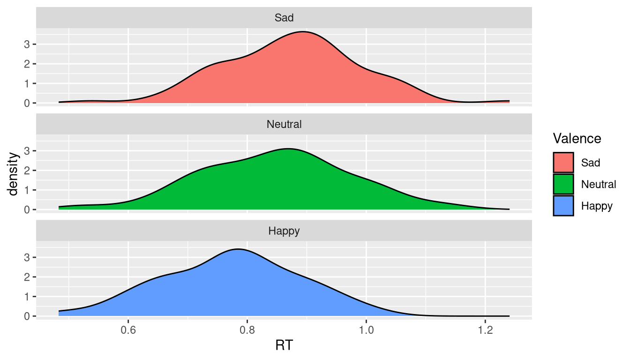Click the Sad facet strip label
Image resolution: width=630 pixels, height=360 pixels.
pyautogui.click(x=284, y=18)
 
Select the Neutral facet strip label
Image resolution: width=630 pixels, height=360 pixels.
pyautogui.click(x=284, y=125)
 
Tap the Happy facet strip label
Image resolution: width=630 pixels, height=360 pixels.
pyautogui.click(x=284, y=231)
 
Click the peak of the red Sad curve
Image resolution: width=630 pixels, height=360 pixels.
pyautogui.click(x=303, y=32)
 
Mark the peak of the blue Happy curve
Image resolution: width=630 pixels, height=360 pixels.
pyautogui.click(x=238, y=249)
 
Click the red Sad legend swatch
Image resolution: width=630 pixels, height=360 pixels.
pyautogui.click(x=563, y=163)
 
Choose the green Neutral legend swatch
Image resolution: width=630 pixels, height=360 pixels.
pyautogui.click(x=563, y=184)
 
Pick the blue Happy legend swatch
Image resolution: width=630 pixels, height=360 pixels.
pyautogui.click(x=563, y=205)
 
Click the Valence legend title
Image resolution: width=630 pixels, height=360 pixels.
pyautogui.click(x=577, y=138)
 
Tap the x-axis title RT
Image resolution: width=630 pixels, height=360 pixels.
pyautogui.click(x=284, y=346)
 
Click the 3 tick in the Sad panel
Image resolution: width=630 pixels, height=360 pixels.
pyautogui.click(x=27, y=44)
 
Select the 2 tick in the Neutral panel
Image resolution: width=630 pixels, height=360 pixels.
pyautogui.click(x=27, y=170)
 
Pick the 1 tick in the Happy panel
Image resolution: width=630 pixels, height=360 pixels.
pyautogui.click(x=27, y=296)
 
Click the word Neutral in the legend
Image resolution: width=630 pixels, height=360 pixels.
pyautogui.click(x=599, y=184)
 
